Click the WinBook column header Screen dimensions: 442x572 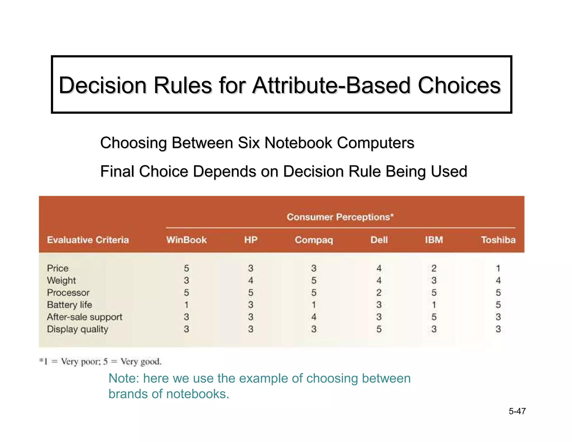point(186,240)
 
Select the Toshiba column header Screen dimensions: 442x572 point(498,240)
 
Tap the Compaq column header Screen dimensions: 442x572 point(314,240)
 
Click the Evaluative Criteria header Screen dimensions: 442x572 point(88,240)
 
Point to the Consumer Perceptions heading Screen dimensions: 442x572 point(340,217)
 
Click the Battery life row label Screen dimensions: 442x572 point(70,305)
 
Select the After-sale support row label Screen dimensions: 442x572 point(85,317)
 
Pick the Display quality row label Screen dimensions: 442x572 point(77,329)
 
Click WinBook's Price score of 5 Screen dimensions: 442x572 point(186,268)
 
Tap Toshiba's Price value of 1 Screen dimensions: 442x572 point(498,268)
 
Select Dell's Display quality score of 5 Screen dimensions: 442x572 point(379,329)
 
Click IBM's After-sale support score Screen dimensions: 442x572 point(434,317)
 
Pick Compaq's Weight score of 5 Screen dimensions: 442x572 point(314,281)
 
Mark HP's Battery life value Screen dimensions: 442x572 point(251,305)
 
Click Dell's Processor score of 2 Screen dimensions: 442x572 point(379,293)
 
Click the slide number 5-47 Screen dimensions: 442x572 point(517,411)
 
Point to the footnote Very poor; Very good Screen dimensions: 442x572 point(101,362)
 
